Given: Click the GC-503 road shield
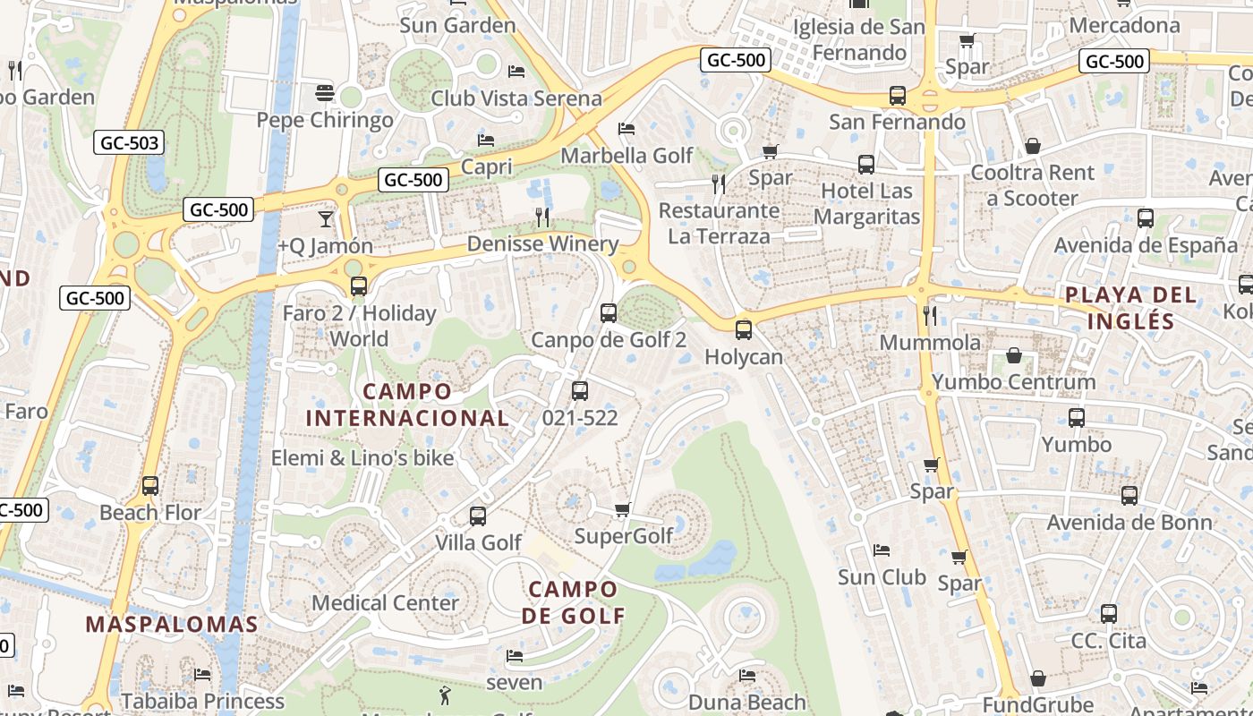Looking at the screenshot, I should click(x=130, y=142).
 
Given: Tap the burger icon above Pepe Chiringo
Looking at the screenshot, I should click(x=324, y=93).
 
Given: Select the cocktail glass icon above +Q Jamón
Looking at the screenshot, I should click(x=325, y=218).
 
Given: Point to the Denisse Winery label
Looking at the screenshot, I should click(x=542, y=243).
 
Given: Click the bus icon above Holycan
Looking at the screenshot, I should click(x=744, y=329).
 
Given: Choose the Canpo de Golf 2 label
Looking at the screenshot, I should click(x=609, y=340).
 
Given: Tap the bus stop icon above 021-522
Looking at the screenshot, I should click(x=580, y=391).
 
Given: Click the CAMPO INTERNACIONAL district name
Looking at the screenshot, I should click(x=408, y=405).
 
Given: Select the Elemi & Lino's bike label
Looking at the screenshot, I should click(x=362, y=458).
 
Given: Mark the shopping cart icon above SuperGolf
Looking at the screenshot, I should click(x=623, y=510).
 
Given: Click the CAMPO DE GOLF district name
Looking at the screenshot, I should click(x=573, y=602).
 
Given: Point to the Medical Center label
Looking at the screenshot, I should click(x=385, y=603).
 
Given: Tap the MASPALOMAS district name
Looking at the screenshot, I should click(x=172, y=625).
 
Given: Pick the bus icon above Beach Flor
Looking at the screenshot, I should click(x=150, y=486).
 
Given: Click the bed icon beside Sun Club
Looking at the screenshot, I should click(x=882, y=550).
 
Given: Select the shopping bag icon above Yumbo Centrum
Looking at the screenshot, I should click(x=1014, y=356).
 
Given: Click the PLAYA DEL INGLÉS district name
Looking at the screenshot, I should click(x=1131, y=308).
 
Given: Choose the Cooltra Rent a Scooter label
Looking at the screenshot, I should click(x=1033, y=185).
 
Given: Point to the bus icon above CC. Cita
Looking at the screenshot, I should click(x=1109, y=614).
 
